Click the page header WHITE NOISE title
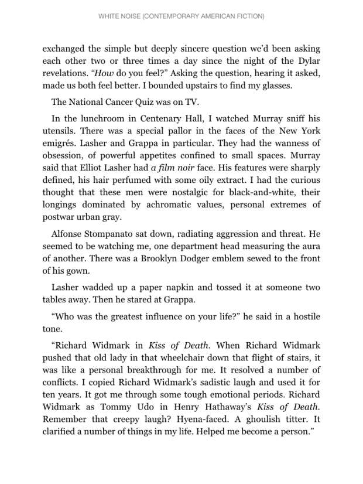(x=181, y=16)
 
